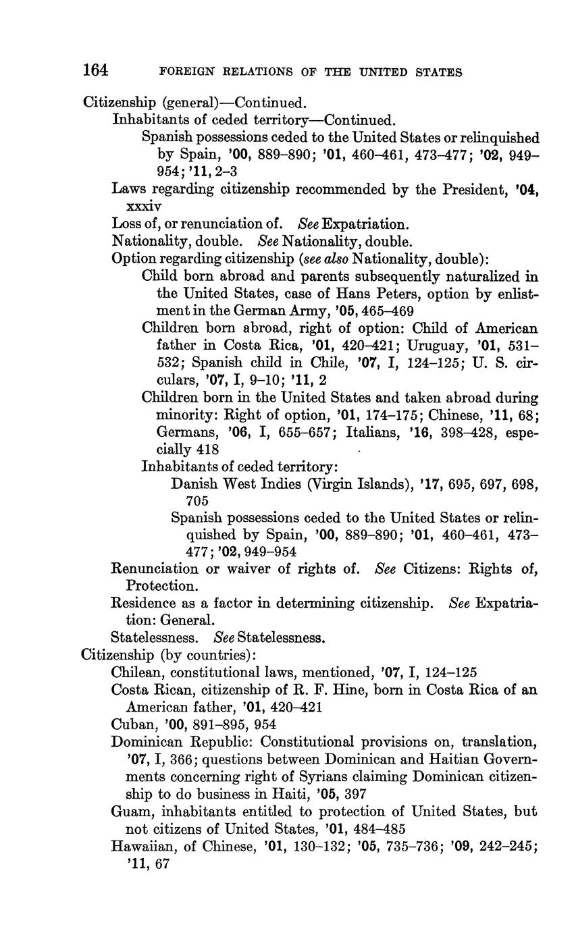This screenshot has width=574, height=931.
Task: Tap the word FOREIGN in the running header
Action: pos(182,72)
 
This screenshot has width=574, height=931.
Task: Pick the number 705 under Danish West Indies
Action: pos(197,501)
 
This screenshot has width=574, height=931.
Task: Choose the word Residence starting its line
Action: pos(141,602)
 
